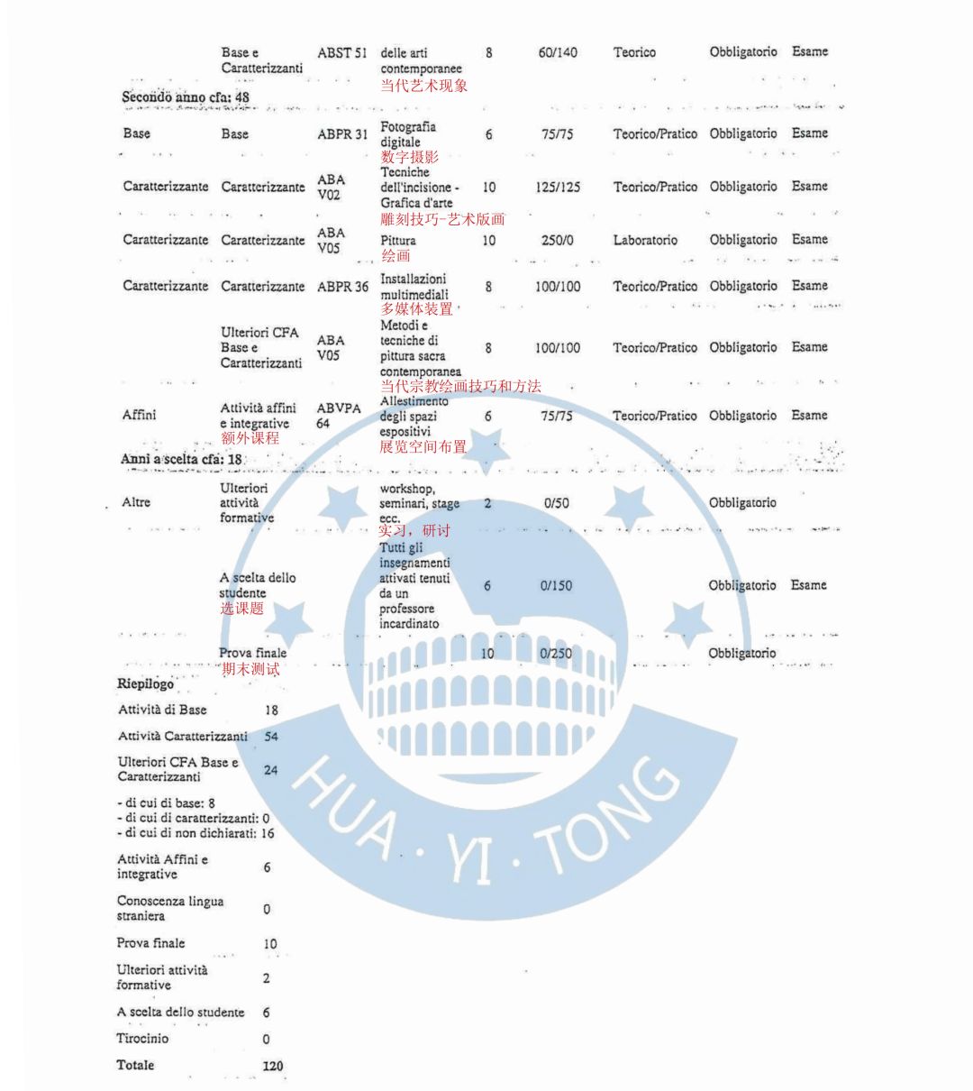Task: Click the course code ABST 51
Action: pos(341,52)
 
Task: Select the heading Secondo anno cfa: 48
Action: pos(186,96)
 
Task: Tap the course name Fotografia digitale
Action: pos(407,134)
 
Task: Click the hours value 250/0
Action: pos(558,241)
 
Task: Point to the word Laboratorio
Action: pos(645,241)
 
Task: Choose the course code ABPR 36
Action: pos(342,287)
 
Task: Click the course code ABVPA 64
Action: pos(339,416)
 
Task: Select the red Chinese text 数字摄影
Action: pos(410,158)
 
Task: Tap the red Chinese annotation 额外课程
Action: pos(250,438)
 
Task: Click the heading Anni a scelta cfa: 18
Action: pos(181,459)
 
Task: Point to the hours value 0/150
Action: pos(557,586)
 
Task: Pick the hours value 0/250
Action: pos(557,654)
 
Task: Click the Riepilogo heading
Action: pos(145,683)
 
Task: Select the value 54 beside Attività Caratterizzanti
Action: pos(271,737)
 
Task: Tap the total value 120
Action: pos(272,1066)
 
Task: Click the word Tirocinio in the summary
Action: pos(142,1039)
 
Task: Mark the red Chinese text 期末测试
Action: pos(250,669)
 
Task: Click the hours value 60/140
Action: pos(558,52)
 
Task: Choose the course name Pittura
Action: pos(397,241)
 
